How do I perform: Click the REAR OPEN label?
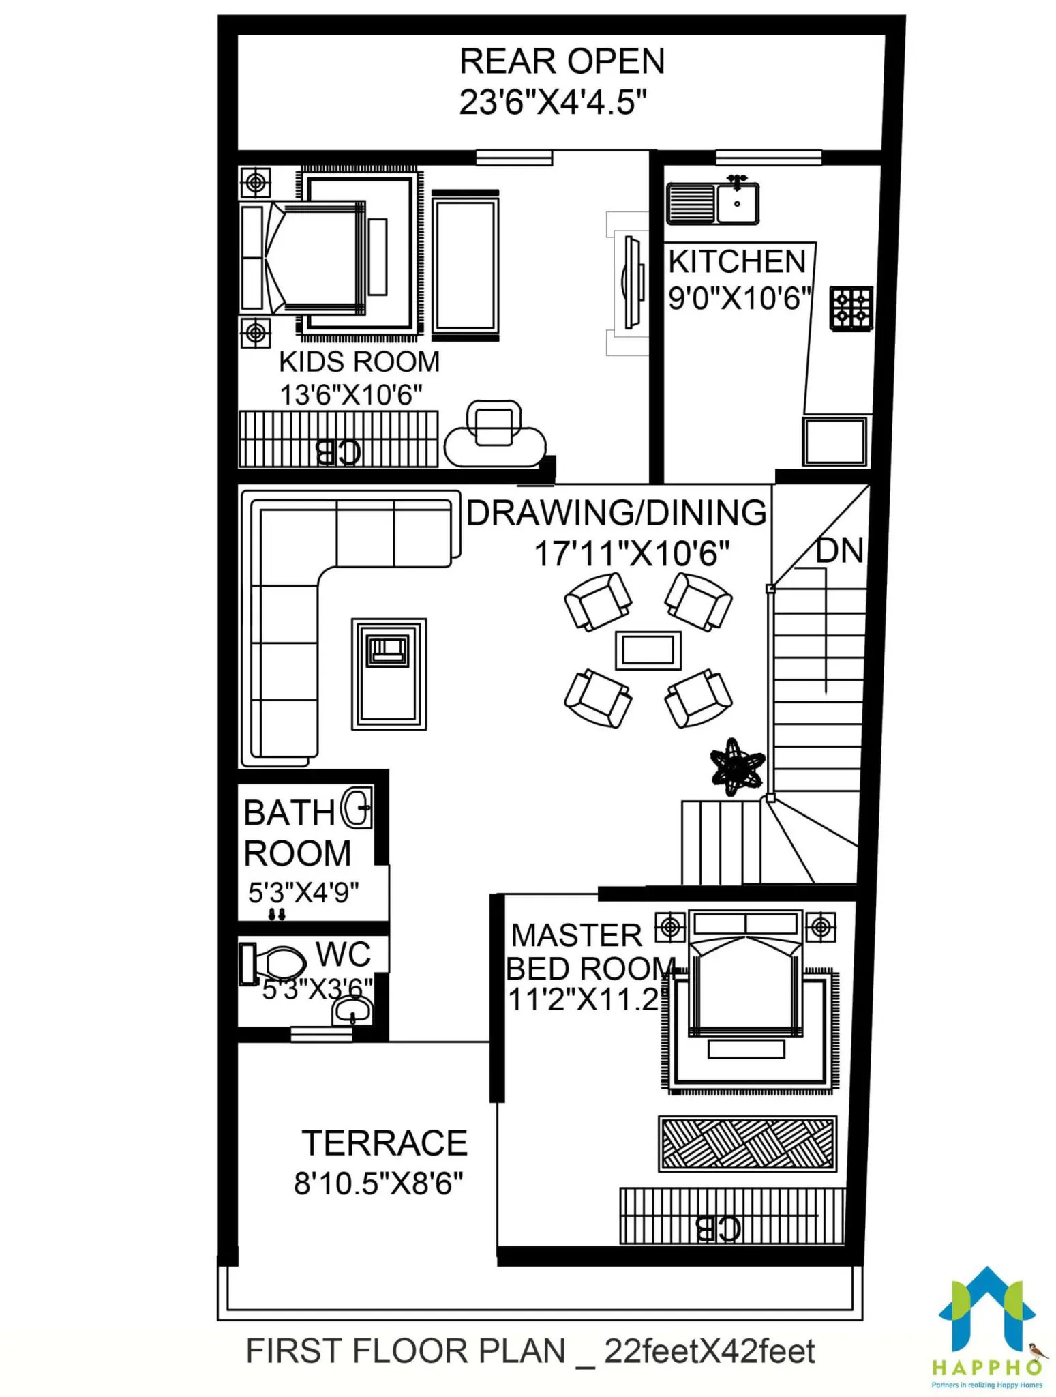562,61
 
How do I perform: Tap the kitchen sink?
712,203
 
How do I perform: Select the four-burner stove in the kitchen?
851,309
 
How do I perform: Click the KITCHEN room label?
737,261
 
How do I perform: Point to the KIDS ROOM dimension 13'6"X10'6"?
351,394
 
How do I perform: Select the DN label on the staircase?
840,550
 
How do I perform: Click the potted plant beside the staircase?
737,767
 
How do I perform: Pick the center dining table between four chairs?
648,650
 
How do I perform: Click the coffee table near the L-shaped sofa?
389,674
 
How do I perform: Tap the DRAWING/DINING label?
616,513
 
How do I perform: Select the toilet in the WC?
272,963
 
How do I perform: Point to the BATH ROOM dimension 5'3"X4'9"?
303,892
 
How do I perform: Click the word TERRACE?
384,1143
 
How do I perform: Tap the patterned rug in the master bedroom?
747,1144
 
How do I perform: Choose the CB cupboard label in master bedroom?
717,1229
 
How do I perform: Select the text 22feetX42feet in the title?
709,1351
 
